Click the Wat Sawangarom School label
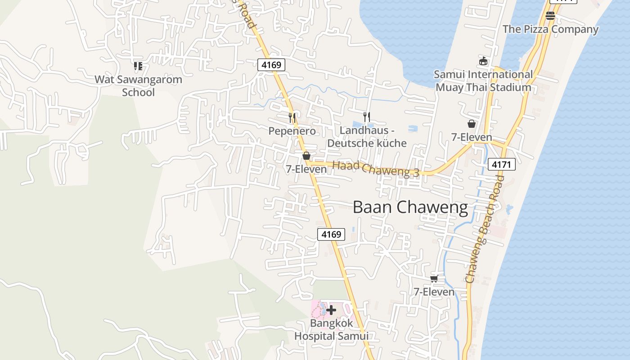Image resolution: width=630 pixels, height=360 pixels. click(x=139, y=86)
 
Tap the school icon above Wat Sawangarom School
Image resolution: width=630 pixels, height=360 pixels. click(x=138, y=66)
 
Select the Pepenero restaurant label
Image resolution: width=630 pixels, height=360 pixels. click(x=292, y=131)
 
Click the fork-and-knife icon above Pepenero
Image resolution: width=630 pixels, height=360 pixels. click(x=292, y=118)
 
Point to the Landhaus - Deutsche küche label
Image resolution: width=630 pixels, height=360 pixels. click(x=367, y=137)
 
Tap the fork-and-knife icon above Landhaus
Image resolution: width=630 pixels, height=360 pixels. click(x=367, y=117)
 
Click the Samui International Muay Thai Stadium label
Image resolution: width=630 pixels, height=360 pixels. click(x=483, y=81)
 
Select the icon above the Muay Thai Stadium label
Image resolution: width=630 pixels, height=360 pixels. click(x=483, y=61)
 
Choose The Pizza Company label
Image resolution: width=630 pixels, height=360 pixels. click(x=550, y=29)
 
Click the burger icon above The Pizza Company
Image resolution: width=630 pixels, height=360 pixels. click(x=550, y=16)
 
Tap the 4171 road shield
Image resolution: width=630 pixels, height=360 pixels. click(x=501, y=165)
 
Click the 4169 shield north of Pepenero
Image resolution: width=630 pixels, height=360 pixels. click(x=271, y=65)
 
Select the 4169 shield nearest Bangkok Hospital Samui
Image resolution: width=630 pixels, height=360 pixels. click(x=331, y=234)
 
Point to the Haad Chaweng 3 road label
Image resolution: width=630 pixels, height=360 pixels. click(x=376, y=169)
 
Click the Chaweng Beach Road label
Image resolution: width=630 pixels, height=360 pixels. click(x=484, y=229)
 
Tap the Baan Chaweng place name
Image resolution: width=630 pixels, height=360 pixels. click(x=410, y=207)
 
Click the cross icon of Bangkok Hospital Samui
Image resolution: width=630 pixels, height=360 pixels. click(x=331, y=310)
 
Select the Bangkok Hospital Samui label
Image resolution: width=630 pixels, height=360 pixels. click(x=331, y=329)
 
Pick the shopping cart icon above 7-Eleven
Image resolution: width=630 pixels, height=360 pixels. click(x=434, y=279)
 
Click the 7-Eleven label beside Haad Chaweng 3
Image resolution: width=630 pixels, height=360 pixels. click(x=306, y=169)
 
